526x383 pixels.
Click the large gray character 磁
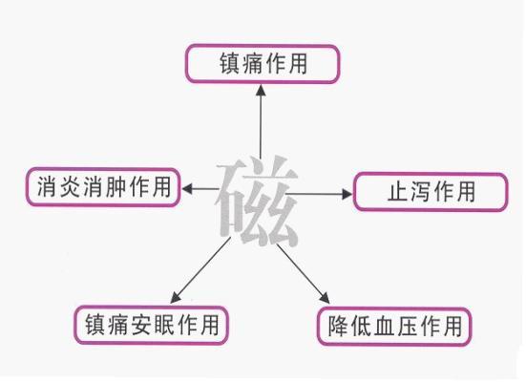[x=258, y=201]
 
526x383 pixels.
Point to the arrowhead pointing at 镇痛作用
[x=261, y=91]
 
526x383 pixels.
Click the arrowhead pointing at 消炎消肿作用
[x=187, y=189]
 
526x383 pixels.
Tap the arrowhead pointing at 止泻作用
[x=347, y=194]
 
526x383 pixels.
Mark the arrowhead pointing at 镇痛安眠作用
[x=176, y=297]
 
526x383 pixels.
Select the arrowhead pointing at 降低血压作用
[x=325, y=298]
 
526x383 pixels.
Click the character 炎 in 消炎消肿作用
[x=70, y=186]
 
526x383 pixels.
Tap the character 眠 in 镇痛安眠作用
[x=163, y=325]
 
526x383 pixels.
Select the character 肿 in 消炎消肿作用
[x=116, y=186]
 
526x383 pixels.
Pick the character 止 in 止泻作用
[x=398, y=192]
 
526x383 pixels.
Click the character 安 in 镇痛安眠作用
[x=140, y=325]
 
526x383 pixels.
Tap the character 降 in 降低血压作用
[x=338, y=327]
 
